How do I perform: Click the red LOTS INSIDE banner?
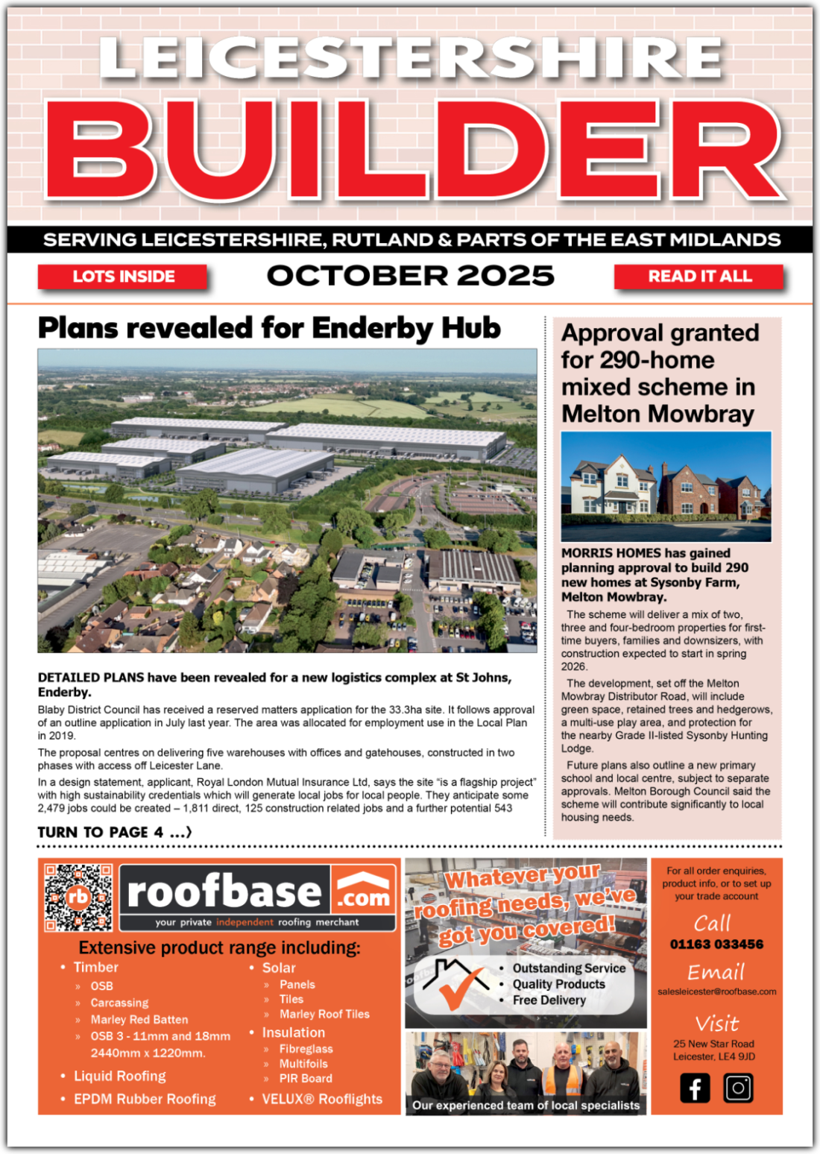click(123, 277)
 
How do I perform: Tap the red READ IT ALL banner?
click(699, 277)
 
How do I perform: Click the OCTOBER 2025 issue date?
click(410, 276)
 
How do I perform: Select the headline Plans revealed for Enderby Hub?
click(269, 328)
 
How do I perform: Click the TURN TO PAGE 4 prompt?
click(114, 832)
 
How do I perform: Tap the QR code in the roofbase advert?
click(78, 898)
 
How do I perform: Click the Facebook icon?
click(695, 1088)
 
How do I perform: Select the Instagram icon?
click(738, 1088)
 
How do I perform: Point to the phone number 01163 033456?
click(716, 945)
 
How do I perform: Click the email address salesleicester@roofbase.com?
click(716, 991)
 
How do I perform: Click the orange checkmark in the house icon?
click(455, 991)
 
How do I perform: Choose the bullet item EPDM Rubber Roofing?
click(145, 1099)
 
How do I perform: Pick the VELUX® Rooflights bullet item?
click(322, 1099)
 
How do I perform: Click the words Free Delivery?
click(549, 1000)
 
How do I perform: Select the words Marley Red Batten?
click(139, 1019)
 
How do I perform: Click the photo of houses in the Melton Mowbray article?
click(666, 486)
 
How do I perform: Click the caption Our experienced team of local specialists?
click(526, 1106)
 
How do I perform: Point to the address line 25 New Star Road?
click(713, 1044)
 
